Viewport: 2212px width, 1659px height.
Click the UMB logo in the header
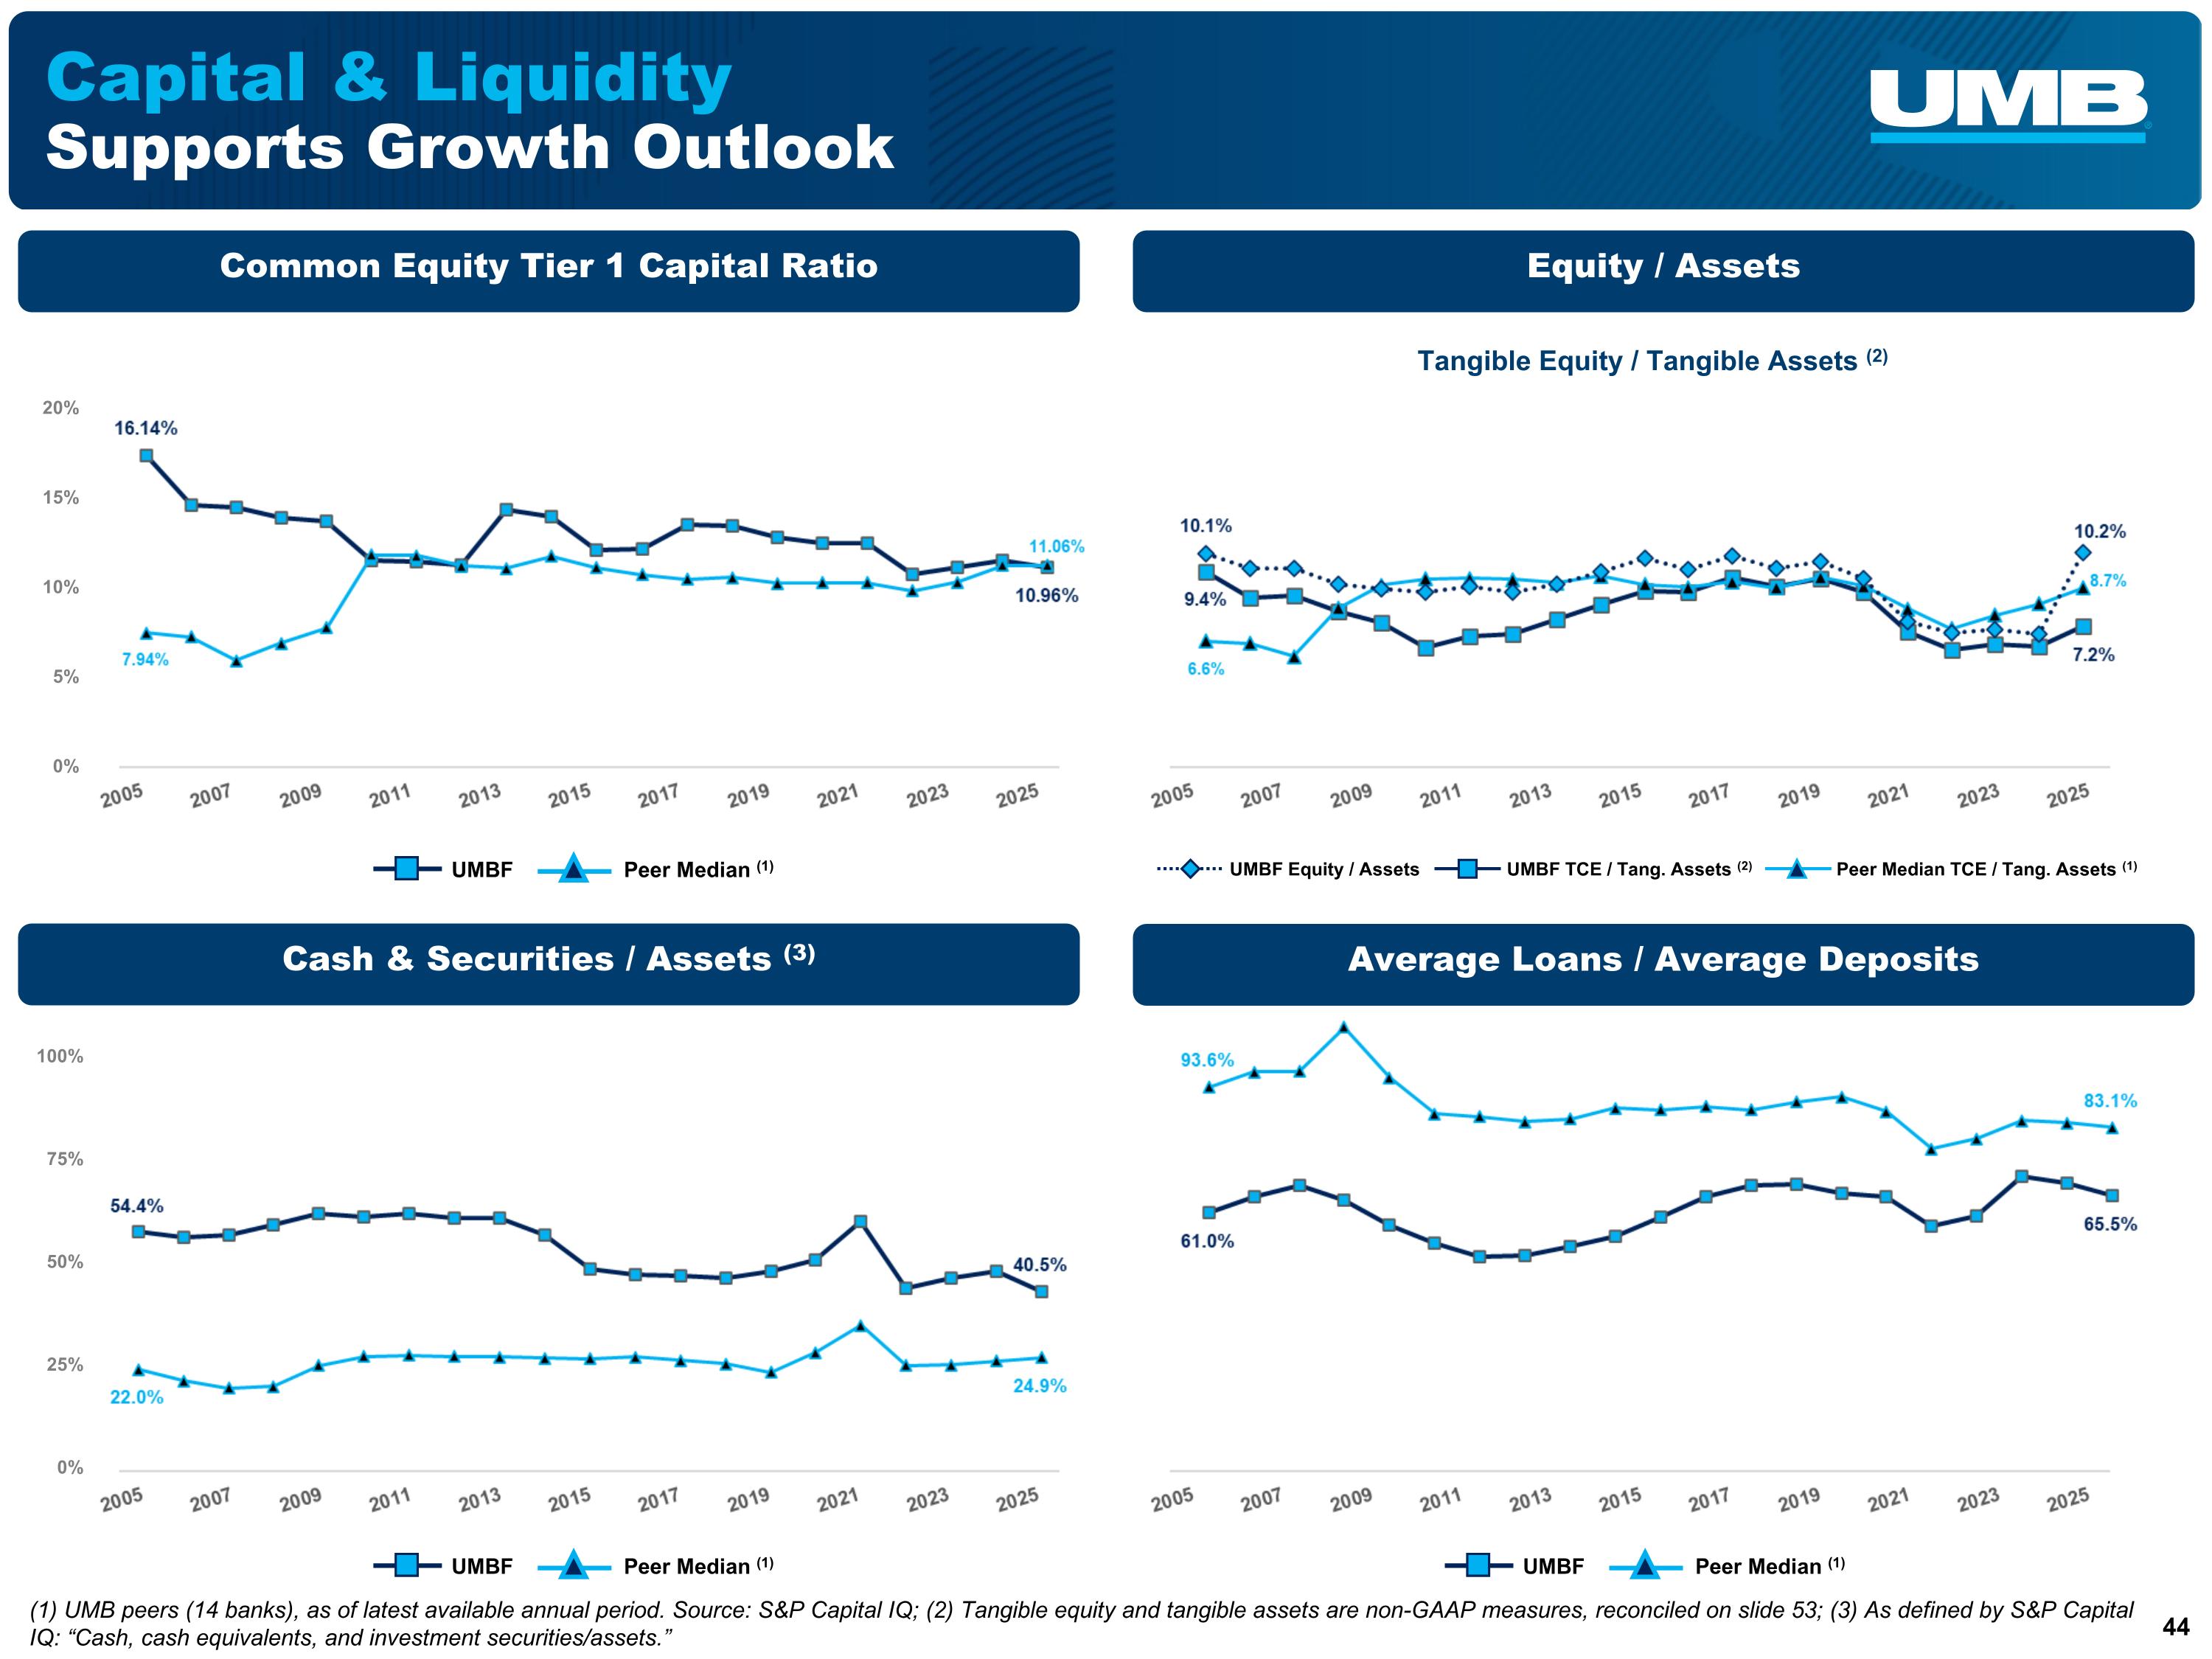click(x=2008, y=105)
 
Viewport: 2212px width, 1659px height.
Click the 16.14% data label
click(x=146, y=428)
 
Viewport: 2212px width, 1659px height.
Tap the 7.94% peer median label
click(x=145, y=659)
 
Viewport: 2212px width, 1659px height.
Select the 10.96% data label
click(x=1046, y=595)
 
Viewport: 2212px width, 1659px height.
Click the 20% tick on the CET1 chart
click(x=60, y=408)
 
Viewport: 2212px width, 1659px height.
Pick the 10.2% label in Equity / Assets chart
click(x=2099, y=531)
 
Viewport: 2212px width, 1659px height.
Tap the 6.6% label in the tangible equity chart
click(x=1205, y=669)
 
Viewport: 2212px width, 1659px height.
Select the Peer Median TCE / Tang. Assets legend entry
click(x=1951, y=869)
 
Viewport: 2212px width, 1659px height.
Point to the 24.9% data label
click(x=1039, y=1385)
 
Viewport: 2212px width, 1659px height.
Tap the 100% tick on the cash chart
click(x=60, y=1056)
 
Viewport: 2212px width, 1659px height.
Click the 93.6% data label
click(x=1207, y=1059)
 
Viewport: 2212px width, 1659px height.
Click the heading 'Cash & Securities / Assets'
click(x=548, y=959)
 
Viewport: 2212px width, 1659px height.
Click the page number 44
click(x=2176, y=1627)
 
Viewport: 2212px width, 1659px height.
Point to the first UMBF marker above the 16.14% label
click(x=146, y=456)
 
